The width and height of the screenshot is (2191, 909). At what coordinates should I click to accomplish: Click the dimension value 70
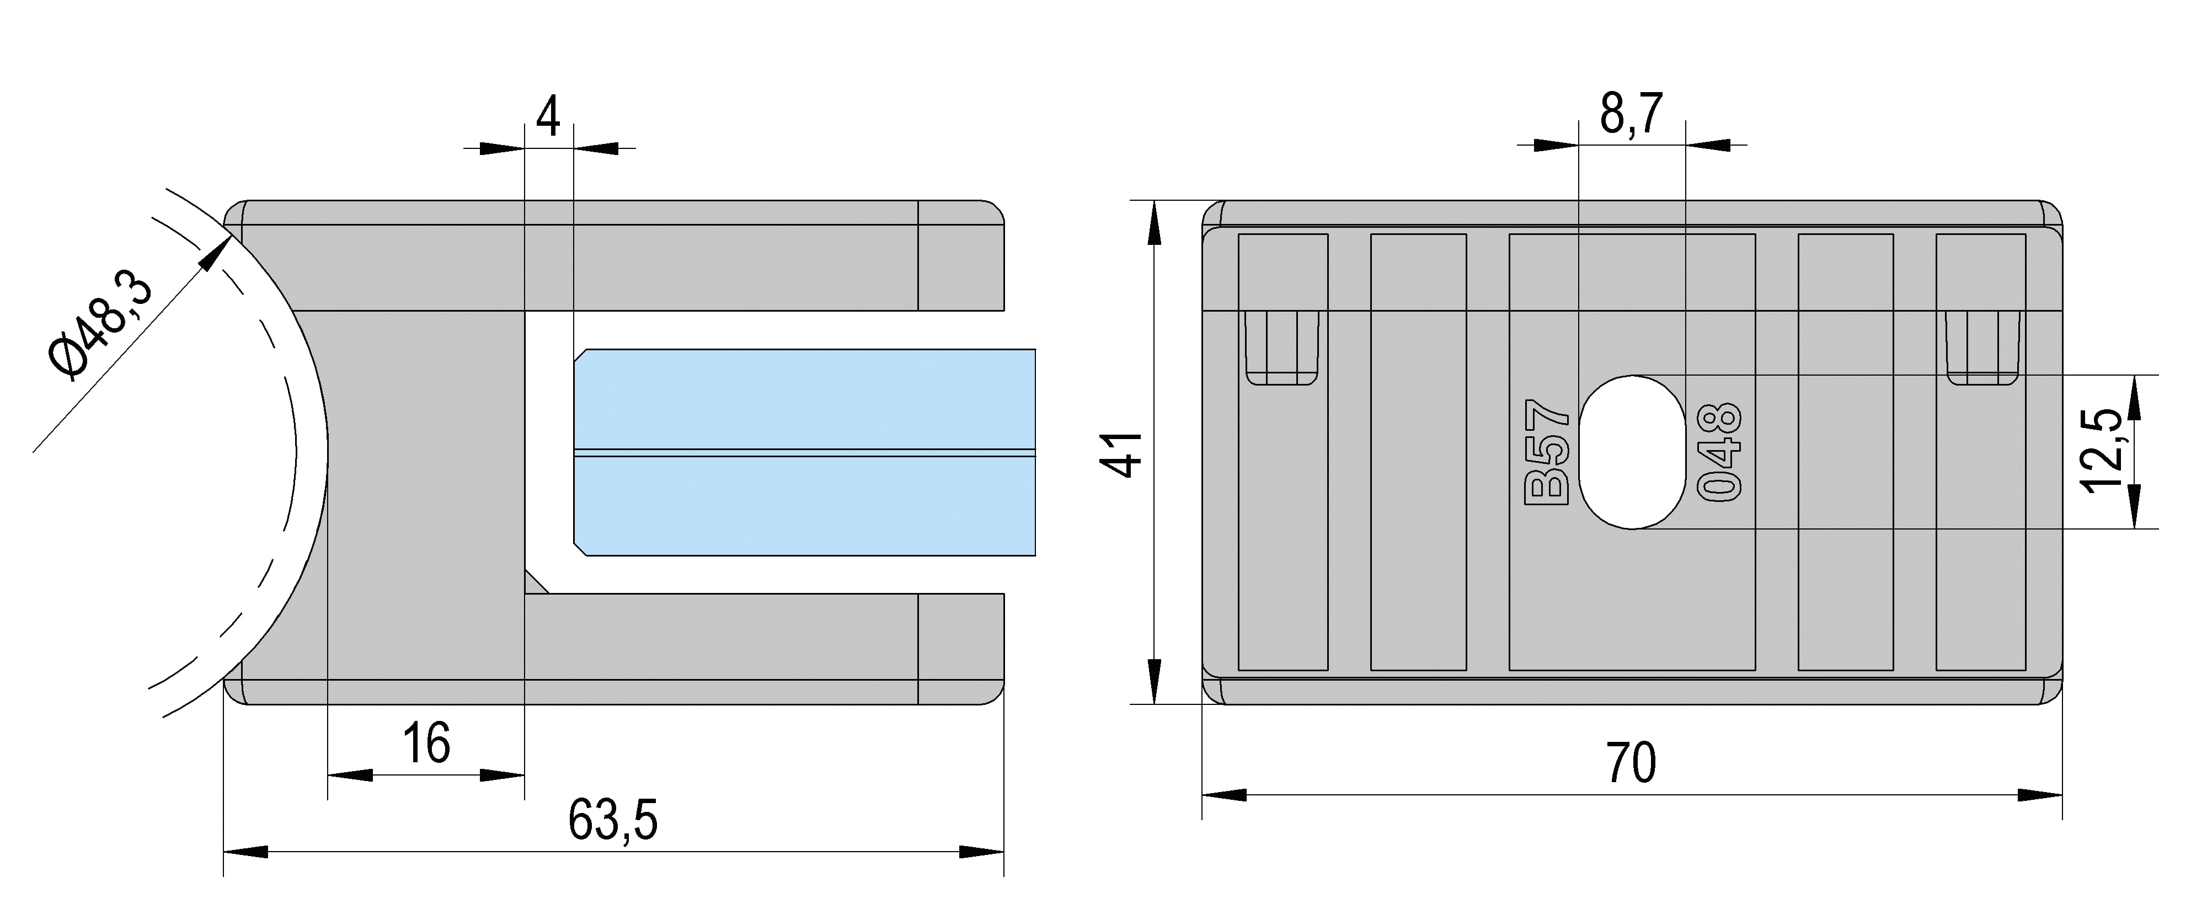pos(1631,763)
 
